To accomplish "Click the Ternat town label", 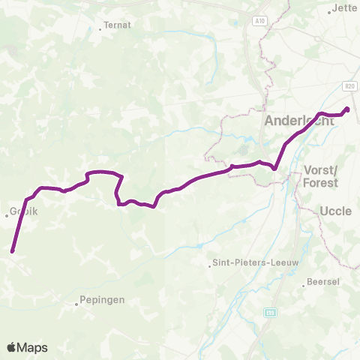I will (118, 25).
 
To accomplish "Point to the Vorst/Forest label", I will (321, 176).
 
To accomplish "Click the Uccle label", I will (335, 211).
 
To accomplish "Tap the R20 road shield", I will (350, 87).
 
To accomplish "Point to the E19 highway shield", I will (271, 311).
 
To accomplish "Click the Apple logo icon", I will (11, 347).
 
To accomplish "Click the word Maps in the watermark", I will (32, 347).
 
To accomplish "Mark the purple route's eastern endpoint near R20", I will (347, 110).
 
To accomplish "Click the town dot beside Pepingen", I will (77, 304).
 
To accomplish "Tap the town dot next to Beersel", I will (308, 283).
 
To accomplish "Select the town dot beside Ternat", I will (100, 30).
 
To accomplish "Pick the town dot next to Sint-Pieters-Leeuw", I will (211, 264).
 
